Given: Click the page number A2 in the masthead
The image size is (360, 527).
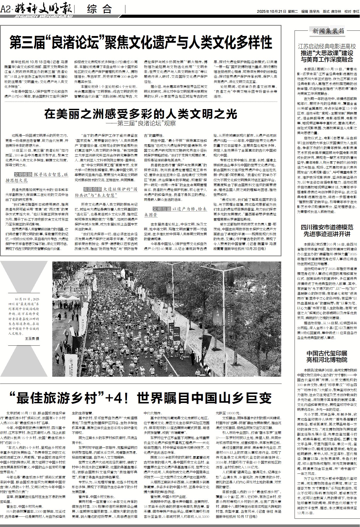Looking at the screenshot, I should coord(5,10).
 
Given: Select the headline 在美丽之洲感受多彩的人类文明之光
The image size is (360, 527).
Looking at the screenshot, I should coord(141,114).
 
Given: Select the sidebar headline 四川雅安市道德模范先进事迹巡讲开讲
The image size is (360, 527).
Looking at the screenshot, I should coord(327,231).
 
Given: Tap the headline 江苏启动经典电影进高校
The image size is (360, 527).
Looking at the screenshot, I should coord(327,47).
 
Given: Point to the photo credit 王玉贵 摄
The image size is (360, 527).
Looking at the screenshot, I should coord(32,339).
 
